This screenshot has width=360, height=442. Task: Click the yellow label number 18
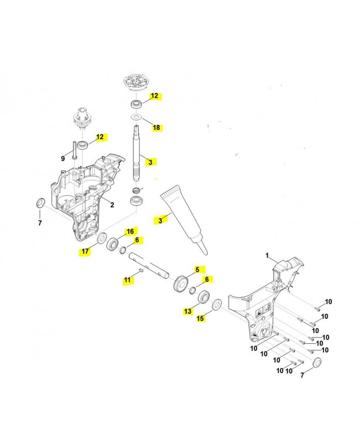click(156, 128)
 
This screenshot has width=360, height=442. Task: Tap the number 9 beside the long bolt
click(63, 159)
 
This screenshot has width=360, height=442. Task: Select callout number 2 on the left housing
click(112, 204)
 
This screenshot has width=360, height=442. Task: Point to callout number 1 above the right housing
click(267, 256)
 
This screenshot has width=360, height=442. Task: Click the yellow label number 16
click(130, 231)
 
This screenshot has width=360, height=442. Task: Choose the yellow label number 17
click(84, 251)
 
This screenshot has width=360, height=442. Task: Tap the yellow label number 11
click(128, 281)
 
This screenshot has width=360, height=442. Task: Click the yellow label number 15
click(200, 318)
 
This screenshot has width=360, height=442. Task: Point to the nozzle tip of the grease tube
click(203, 251)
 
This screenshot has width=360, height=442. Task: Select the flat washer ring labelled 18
click(134, 118)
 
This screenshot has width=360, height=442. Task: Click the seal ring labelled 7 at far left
click(40, 203)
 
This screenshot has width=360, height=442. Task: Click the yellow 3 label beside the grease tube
click(161, 220)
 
